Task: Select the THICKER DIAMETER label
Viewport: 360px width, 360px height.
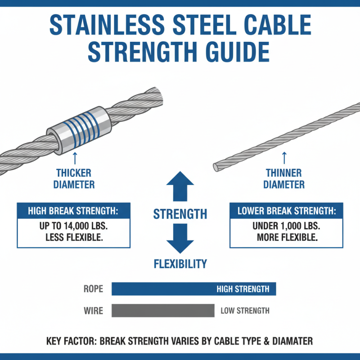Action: pos(74,179)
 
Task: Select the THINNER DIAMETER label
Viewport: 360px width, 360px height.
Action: pos(283,179)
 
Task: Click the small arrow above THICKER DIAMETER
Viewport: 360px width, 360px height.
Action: pos(74,157)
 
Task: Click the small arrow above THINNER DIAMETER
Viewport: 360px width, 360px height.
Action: pos(284,157)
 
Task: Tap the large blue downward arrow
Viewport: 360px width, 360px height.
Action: pos(180,241)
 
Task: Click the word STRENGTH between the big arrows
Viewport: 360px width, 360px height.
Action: pos(180,214)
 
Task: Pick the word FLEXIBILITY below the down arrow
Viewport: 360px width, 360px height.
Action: pos(180,263)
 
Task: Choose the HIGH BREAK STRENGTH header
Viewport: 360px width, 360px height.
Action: pos(74,211)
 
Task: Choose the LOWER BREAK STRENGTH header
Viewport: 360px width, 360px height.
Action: pos(286,211)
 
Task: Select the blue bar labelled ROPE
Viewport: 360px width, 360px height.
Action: pos(193,289)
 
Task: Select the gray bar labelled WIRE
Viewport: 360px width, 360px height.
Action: pos(163,310)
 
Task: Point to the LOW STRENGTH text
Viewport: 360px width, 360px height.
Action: pos(245,310)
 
